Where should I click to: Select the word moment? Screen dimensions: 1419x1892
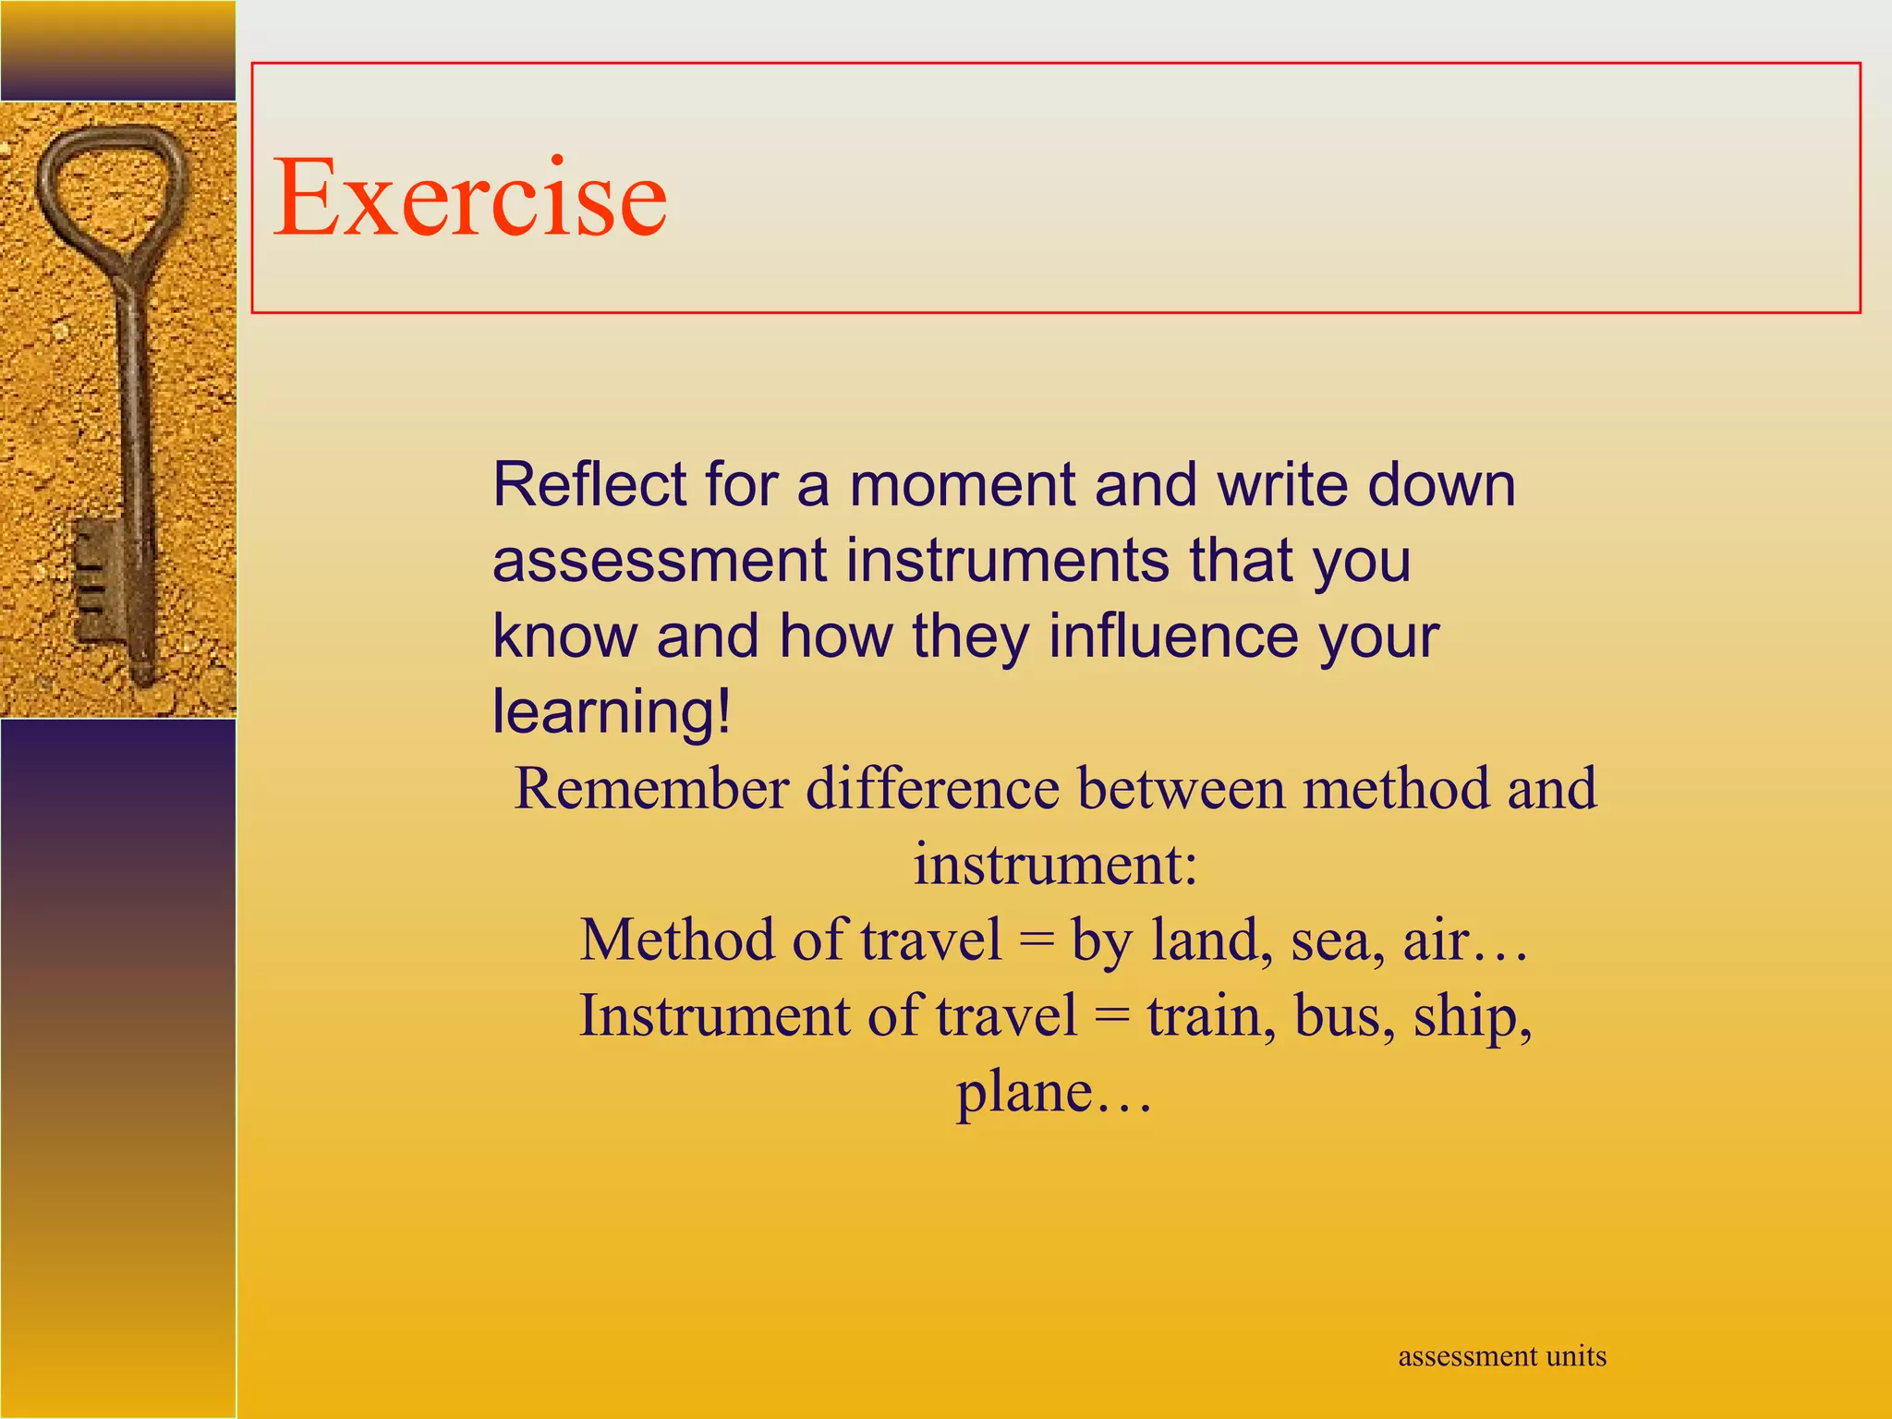coord(963,484)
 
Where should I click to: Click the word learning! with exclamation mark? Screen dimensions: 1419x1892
coord(612,712)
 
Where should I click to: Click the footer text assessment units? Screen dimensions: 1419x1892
coord(1502,1356)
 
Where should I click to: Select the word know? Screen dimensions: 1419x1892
coord(564,637)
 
